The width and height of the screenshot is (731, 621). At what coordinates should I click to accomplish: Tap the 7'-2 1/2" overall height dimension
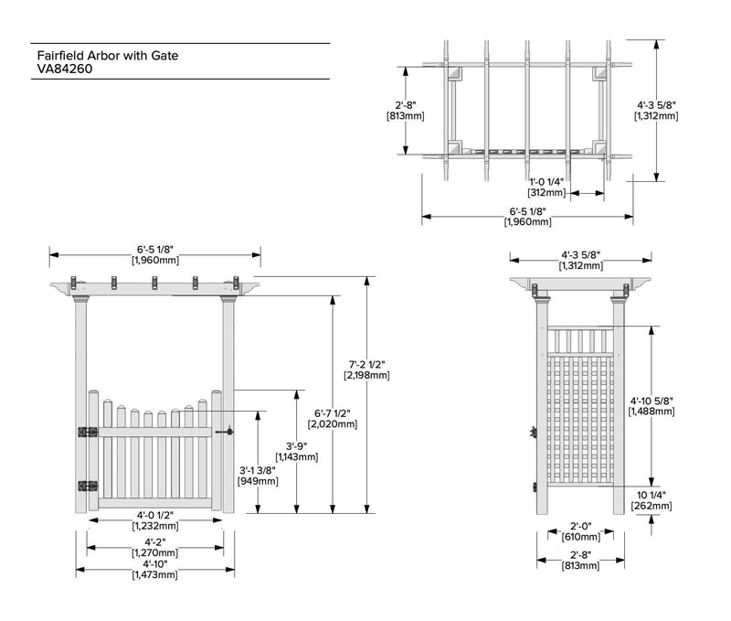[x=365, y=365]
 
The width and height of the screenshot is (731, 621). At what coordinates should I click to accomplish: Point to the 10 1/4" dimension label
[x=652, y=495]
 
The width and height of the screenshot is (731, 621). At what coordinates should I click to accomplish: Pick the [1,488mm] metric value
[x=652, y=412]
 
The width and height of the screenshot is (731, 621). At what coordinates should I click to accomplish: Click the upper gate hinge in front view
[x=89, y=431]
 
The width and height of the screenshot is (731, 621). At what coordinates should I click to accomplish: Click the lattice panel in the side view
[x=578, y=421]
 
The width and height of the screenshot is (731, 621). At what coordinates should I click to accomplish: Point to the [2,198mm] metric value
[x=365, y=376]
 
